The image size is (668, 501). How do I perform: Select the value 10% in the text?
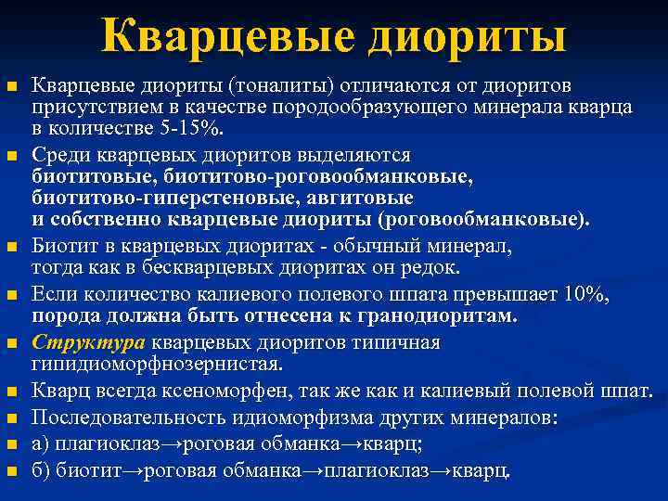pos(585,295)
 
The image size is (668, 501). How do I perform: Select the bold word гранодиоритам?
pos(440,316)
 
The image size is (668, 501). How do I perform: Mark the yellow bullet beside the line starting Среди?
pos(13,156)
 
